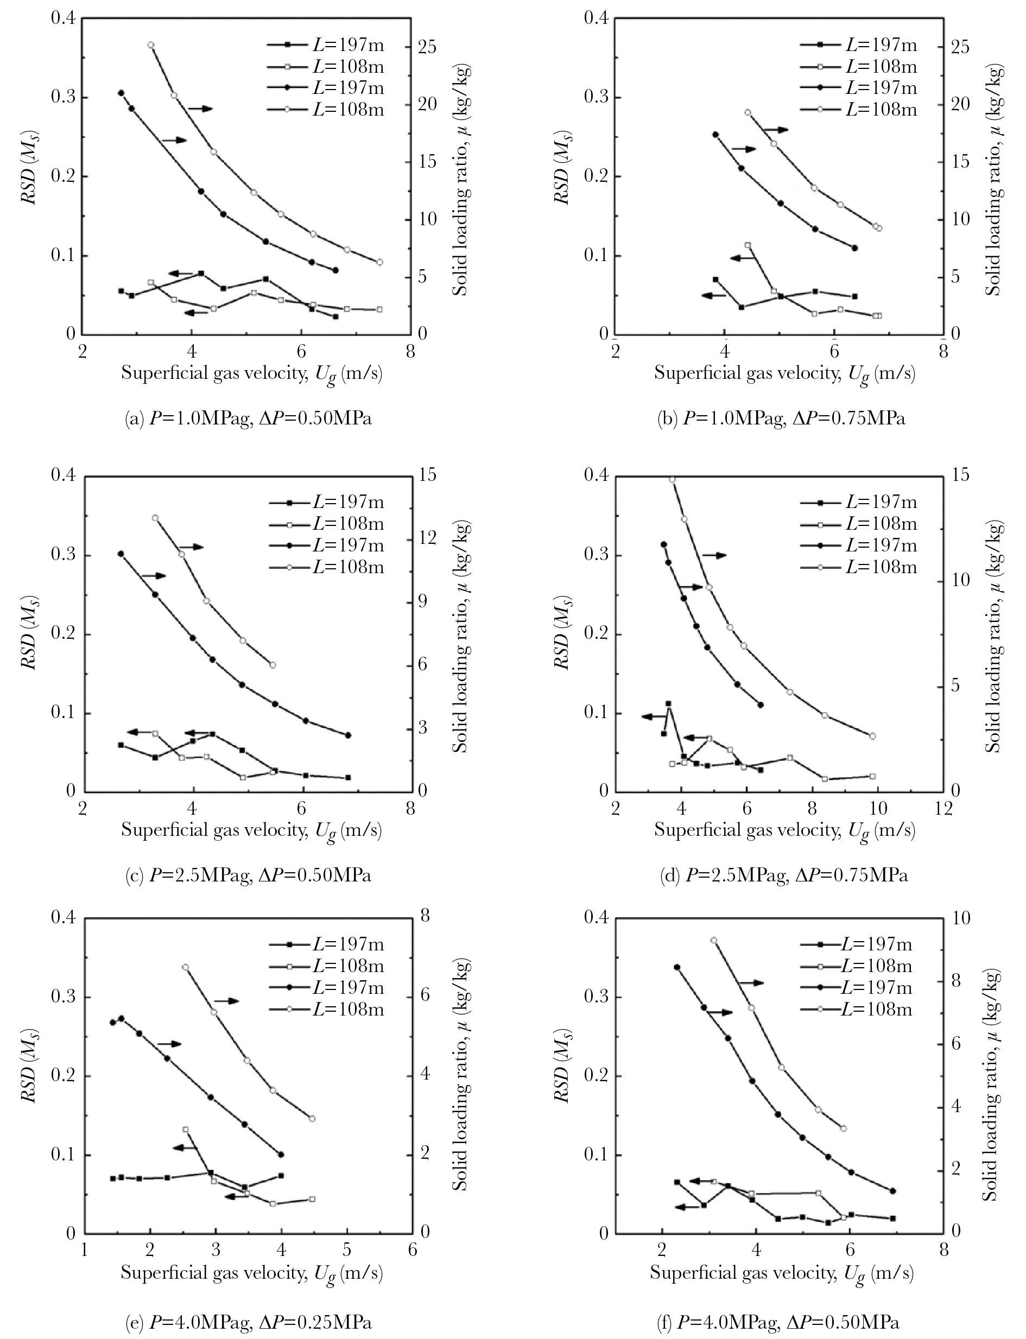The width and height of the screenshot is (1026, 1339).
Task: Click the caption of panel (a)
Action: point(248,420)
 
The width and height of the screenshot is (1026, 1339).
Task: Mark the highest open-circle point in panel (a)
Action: point(151,45)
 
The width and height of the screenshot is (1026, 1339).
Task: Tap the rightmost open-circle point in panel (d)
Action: point(872,736)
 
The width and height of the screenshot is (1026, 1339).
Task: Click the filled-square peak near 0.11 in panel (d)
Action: point(668,704)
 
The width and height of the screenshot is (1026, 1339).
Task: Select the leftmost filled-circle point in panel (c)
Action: point(121,554)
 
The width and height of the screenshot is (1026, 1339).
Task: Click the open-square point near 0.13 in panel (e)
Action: point(186,1129)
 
